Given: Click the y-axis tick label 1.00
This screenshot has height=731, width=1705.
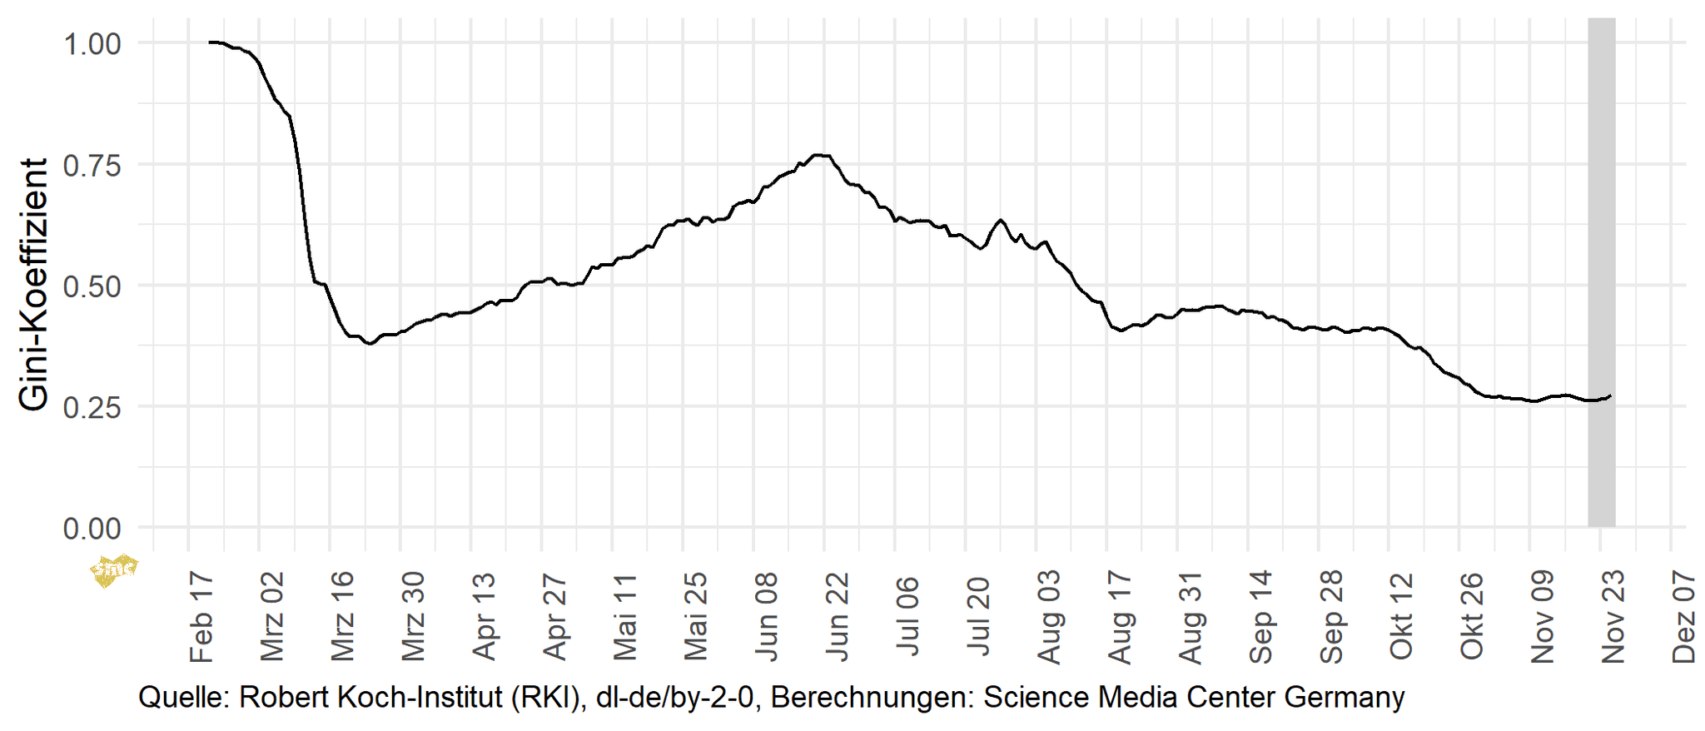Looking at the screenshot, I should pos(92,43).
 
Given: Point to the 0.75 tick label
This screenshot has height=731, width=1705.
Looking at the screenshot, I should pos(92,165).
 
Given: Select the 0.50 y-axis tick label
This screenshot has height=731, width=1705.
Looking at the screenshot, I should pos(92,286).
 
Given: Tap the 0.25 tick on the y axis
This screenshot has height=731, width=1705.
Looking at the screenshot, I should pos(92,407).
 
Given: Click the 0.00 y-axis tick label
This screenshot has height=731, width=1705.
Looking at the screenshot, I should pos(92,528).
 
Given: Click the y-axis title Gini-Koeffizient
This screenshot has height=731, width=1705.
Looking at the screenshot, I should pos(34,284).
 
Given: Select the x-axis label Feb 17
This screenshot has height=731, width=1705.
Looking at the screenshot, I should pos(202,617).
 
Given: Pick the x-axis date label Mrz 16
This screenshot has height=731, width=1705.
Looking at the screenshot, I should pos(343,617).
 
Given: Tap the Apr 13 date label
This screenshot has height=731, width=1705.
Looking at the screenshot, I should pos(485,617).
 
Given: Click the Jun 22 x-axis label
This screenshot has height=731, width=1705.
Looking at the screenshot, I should pos(838,617).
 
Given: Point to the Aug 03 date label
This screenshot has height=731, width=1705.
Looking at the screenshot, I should pos(1050,617).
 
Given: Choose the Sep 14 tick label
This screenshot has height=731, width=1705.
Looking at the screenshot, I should pos(1261,617).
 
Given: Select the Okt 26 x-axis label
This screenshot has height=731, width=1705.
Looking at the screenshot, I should pos(1473,617).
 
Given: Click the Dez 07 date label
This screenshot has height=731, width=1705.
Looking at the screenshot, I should pos(1684,617).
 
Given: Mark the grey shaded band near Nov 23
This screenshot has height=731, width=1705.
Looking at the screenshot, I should pos(1602,275).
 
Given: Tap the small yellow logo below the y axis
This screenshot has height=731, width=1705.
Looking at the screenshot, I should pos(113,569).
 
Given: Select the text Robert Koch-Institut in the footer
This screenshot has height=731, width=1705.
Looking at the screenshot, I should pos(370,698).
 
